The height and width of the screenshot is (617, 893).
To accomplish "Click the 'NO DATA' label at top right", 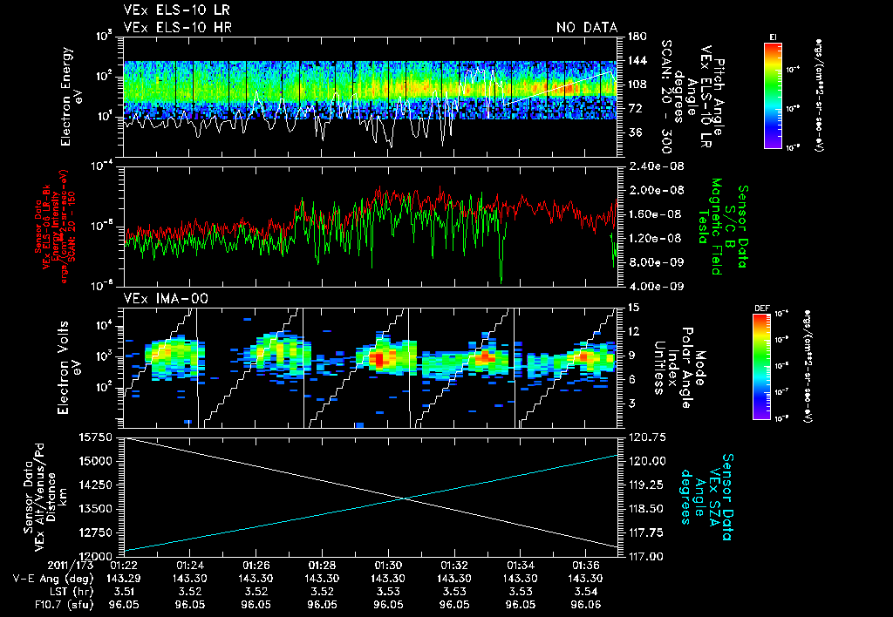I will coord(586,28).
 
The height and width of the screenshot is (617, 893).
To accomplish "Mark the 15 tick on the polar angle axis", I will coord(632,307).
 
